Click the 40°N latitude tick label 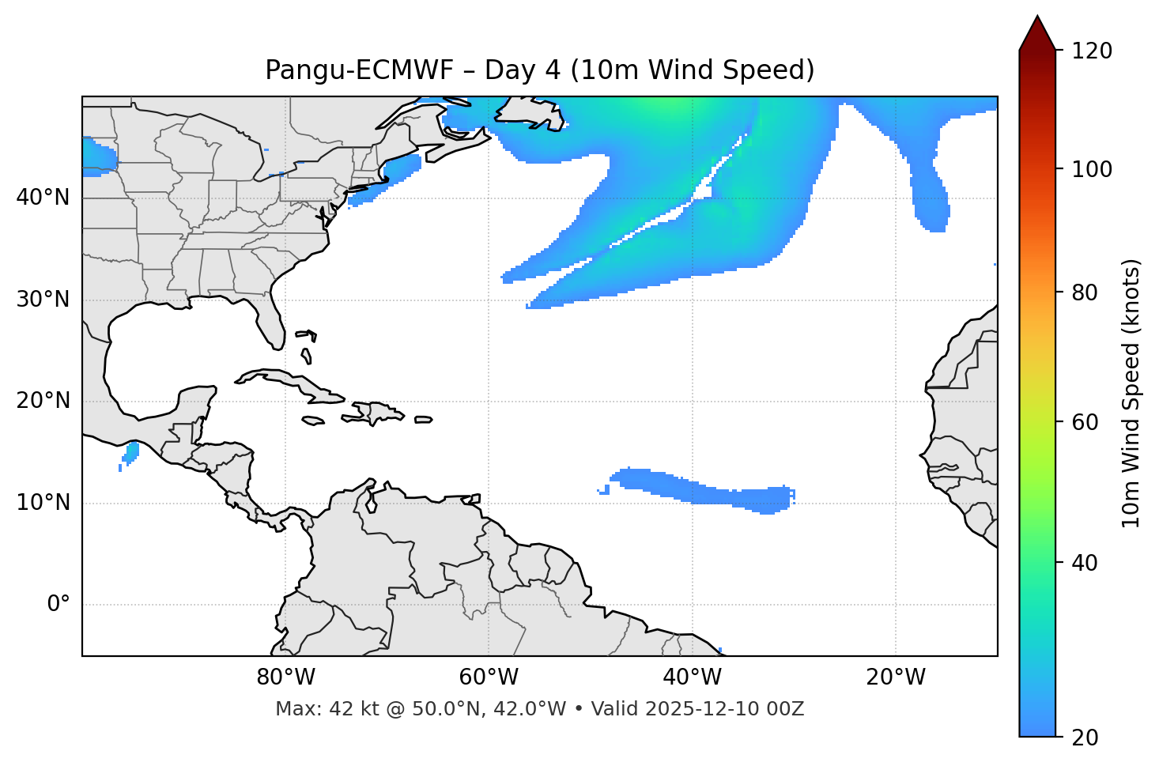click(x=43, y=198)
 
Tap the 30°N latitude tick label click(x=43, y=300)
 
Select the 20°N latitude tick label click(x=43, y=401)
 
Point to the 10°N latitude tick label click(x=43, y=503)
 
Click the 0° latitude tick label click(x=59, y=605)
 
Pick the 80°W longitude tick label click(x=285, y=677)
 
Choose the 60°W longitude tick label click(x=489, y=677)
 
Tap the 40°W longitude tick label click(x=692, y=677)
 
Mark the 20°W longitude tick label click(x=896, y=677)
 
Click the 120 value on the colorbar click(x=1092, y=51)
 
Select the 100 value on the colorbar click(x=1092, y=169)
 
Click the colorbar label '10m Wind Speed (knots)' click(x=1131, y=393)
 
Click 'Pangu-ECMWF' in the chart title click(x=359, y=70)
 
